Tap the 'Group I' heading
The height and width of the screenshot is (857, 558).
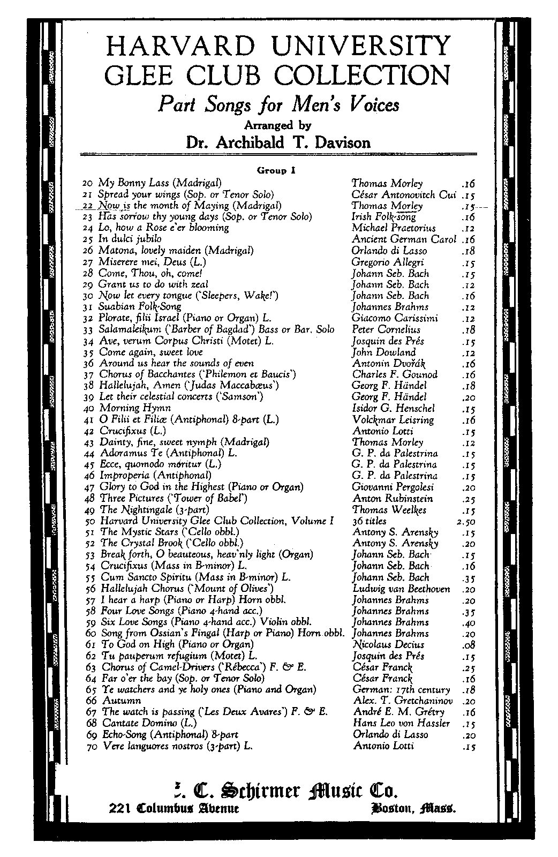(276, 171)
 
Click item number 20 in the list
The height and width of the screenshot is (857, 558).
(89, 183)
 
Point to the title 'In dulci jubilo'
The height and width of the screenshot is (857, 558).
(130, 239)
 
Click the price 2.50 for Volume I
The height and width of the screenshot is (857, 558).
(465, 521)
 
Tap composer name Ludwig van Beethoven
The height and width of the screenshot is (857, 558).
(401, 589)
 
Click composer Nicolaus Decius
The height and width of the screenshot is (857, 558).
(388, 645)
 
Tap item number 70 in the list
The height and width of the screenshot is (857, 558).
(91, 746)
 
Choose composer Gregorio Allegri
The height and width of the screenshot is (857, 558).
(387, 262)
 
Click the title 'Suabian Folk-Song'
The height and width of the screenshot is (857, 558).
(137, 307)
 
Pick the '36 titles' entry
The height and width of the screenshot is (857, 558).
(370, 521)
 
